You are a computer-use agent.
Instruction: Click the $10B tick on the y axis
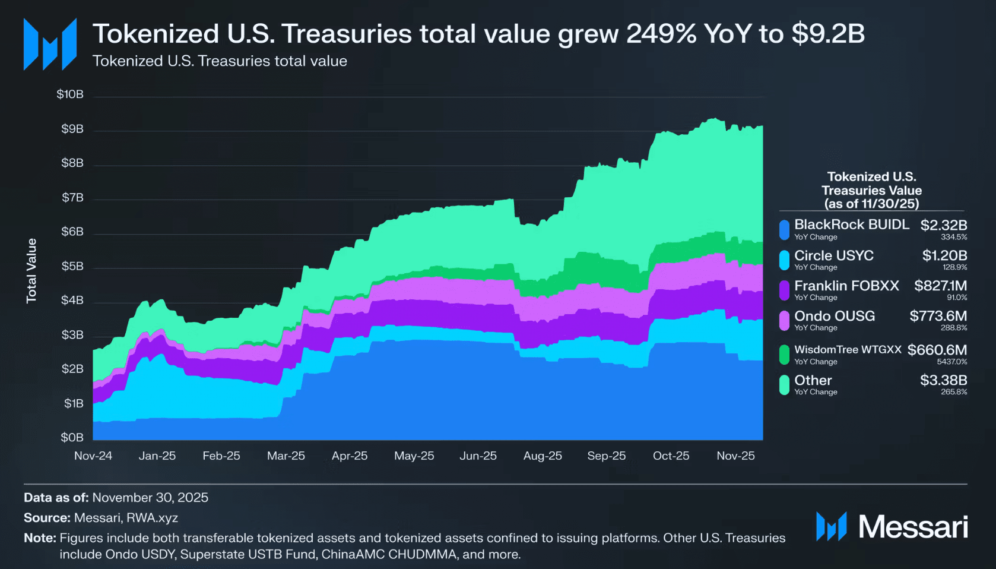(70, 94)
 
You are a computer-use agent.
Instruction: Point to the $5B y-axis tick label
(72, 266)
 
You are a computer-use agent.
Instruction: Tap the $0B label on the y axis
(72, 438)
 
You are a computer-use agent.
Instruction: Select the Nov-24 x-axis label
(93, 456)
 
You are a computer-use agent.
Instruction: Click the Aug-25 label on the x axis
(543, 456)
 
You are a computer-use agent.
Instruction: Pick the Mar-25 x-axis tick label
(286, 456)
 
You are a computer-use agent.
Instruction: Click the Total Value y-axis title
(31, 271)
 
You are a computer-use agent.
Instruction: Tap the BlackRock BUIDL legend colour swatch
(784, 229)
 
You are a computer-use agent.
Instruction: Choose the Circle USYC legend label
(834, 255)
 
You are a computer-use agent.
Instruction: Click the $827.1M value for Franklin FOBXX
(941, 286)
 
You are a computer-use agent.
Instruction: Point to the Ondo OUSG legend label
(835, 316)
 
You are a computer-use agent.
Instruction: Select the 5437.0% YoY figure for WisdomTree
(952, 362)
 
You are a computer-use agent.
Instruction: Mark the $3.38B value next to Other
(944, 380)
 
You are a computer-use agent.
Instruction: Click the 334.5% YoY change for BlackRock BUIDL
(954, 237)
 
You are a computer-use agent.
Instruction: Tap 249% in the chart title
(661, 34)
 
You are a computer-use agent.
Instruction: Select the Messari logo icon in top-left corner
(50, 44)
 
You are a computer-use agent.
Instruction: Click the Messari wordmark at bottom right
(913, 527)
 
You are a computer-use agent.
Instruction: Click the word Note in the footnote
(39, 538)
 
